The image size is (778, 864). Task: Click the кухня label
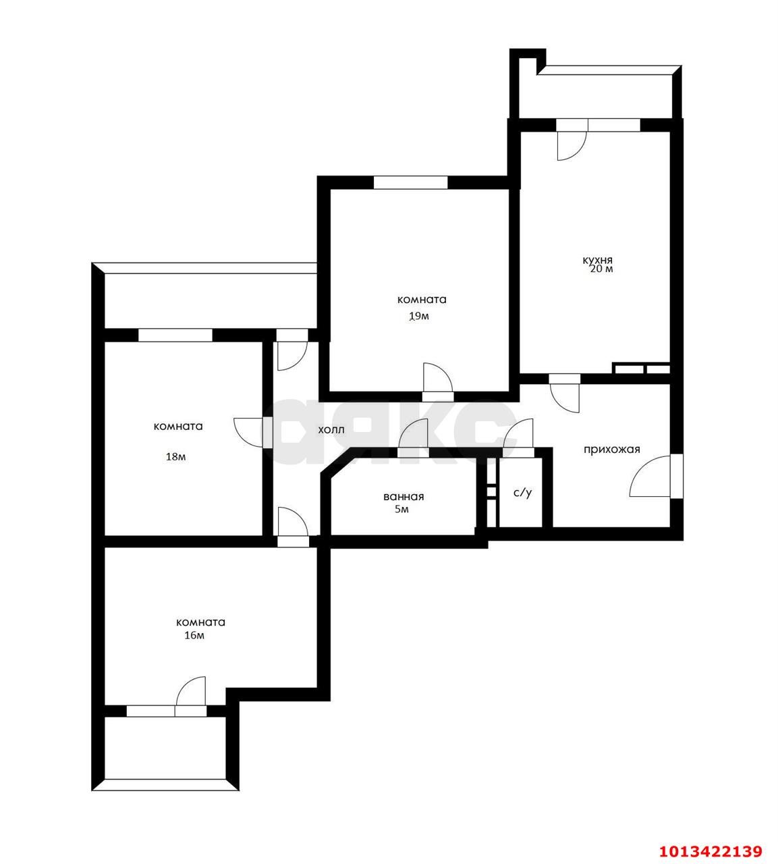point(597,261)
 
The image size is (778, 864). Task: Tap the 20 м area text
point(601,269)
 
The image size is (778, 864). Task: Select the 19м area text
point(419,317)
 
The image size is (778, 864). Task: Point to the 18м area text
point(175,457)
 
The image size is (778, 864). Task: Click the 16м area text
point(194,635)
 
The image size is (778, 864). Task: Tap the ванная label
point(404,497)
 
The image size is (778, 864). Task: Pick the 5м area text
point(401,510)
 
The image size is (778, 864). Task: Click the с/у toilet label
point(523,492)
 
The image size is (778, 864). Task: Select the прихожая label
point(612,450)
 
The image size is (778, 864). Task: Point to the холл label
point(331,430)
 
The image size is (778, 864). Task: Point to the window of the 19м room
point(411,183)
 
